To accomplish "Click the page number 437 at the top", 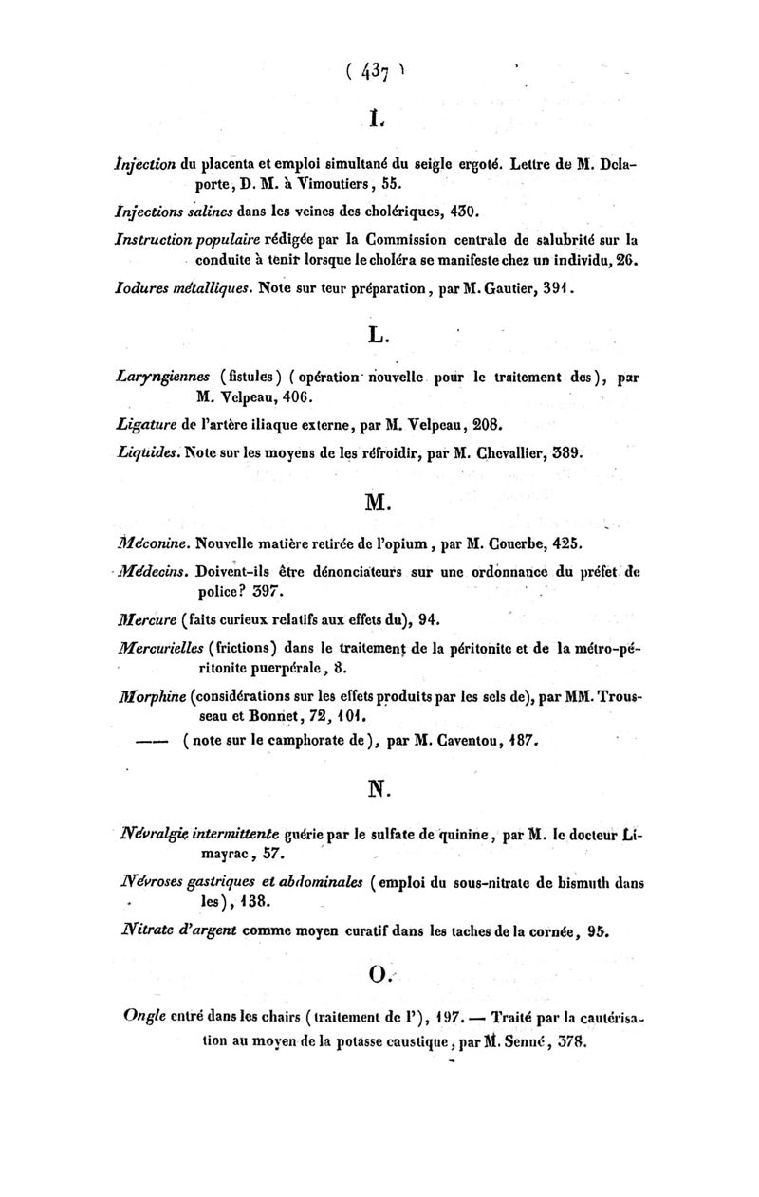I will (x=376, y=73).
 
